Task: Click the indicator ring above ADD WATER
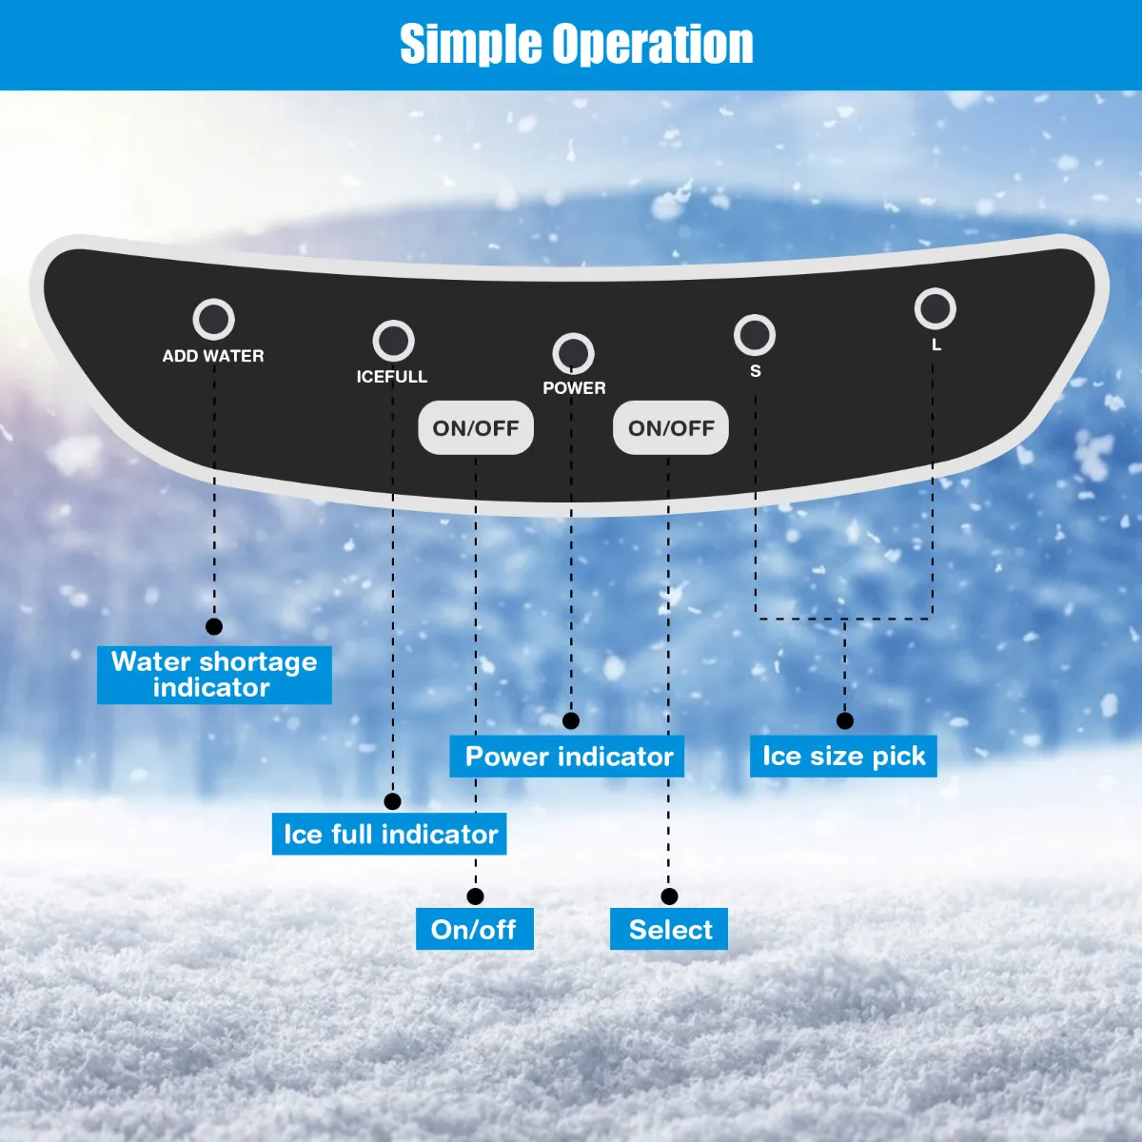pyautogui.click(x=213, y=320)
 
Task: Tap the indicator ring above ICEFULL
pyautogui.click(x=393, y=341)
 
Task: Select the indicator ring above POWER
pyautogui.click(x=573, y=353)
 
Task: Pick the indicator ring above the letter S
pyautogui.click(x=755, y=334)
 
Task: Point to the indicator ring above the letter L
pyautogui.click(x=935, y=308)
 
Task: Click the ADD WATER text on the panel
pyautogui.click(x=213, y=356)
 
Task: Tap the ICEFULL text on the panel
pyautogui.click(x=392, y=377)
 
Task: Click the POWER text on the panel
pyautogui.click(x=574, y=388)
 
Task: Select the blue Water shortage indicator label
pyautogui.click(x=214, y=675)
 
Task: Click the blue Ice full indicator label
pyautogui.click(x=389, y=835)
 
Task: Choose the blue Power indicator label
pyautogui.click(x=568, y=757)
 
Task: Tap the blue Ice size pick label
pyautogui.click(x=843, y=757)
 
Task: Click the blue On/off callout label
pyautogui.click(x=474, y=930)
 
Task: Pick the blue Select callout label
pyautogui.click(x=669, y=930)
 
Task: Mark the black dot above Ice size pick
pyautogui.click(x=845, y=721)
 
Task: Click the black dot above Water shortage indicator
pyautogui.click(x=214, y=626)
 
